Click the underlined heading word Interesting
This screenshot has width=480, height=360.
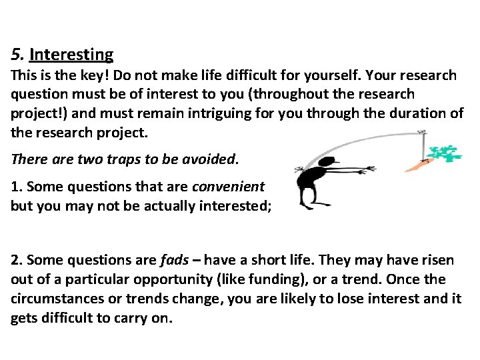tap(71, 54)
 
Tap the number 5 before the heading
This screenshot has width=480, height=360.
tap(15, 54)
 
